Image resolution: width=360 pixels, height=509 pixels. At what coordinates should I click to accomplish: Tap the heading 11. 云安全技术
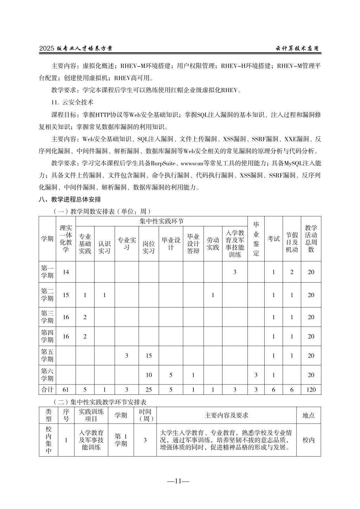click(72, 103)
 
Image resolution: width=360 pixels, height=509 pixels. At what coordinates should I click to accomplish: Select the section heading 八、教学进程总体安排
click(70, 199)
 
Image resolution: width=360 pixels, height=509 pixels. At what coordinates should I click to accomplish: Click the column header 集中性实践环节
click(161, 221)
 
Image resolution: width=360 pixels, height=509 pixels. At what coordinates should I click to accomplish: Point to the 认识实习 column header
click(104, 247)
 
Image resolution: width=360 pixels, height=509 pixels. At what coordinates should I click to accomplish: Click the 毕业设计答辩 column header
click(193, 244)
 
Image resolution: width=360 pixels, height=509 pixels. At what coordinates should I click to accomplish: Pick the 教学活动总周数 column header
click(311, 239)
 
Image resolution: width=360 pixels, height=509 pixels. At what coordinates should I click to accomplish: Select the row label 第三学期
click(47, 317)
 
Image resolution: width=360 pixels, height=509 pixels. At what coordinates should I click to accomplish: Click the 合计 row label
click(47, 389)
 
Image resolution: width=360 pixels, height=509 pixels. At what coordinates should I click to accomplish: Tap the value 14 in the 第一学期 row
click(66, 272)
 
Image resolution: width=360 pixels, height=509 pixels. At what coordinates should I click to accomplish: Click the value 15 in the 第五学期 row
click(149, 356)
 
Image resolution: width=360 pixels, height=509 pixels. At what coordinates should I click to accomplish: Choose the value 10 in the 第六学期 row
click(149, 375)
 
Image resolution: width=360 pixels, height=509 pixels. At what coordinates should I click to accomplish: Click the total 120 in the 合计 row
click(311, 389)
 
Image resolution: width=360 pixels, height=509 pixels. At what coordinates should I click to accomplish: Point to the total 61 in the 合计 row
click(66, 389)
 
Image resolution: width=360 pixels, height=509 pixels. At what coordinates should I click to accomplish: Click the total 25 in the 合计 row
click(149, 389)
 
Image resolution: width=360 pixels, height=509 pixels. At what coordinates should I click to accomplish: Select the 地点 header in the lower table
click(308, 415)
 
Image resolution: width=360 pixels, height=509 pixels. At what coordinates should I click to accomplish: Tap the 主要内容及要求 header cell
click(226, 415)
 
